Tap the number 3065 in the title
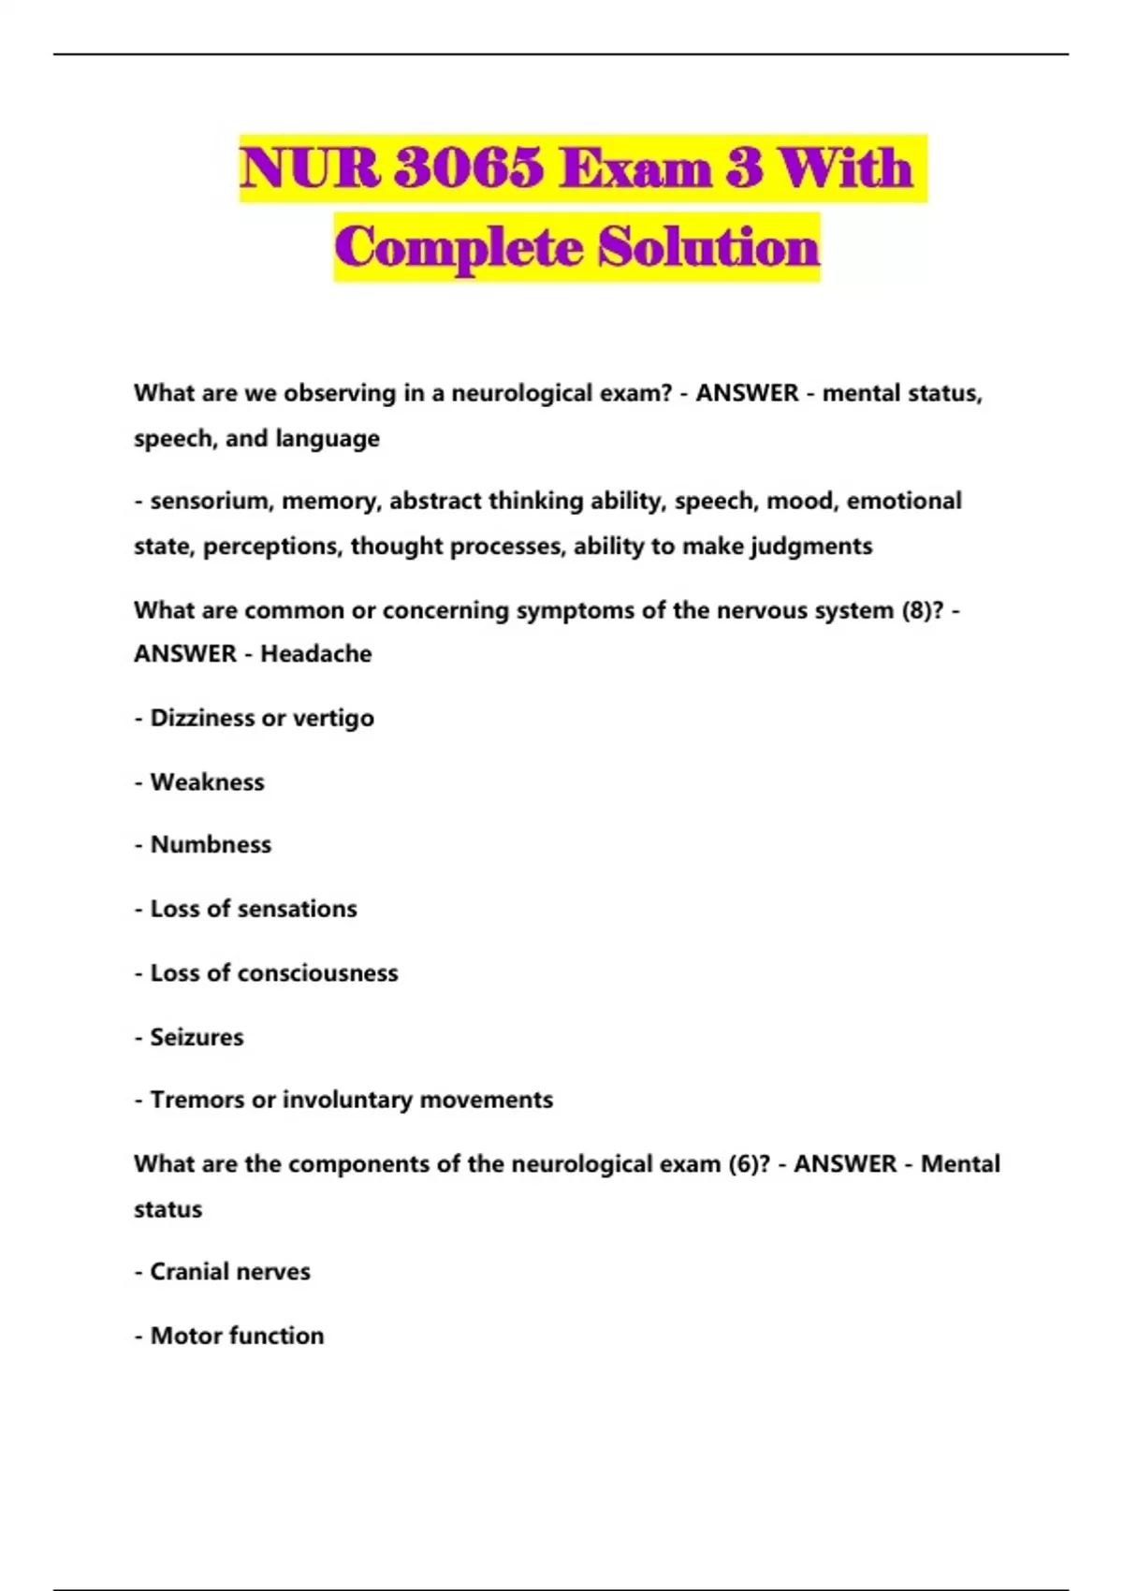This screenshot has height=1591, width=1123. [x=469, y=169]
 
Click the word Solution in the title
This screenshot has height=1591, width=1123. [x=708, y=248]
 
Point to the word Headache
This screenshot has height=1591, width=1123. [x=315, y=654]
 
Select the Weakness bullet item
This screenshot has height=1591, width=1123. [x=207, y=782]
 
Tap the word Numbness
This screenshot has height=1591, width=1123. [x=211, y=845]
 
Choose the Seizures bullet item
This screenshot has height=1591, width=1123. [x=197, y=1037]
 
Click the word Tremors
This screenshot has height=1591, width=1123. [x=197, y=1100]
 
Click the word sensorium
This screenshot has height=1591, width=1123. [x=210, y=502]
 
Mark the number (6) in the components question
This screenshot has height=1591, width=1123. [x=749, y=1164]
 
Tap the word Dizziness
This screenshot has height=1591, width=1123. [x=203, y=719]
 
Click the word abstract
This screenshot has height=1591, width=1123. [x=435, y=502]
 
